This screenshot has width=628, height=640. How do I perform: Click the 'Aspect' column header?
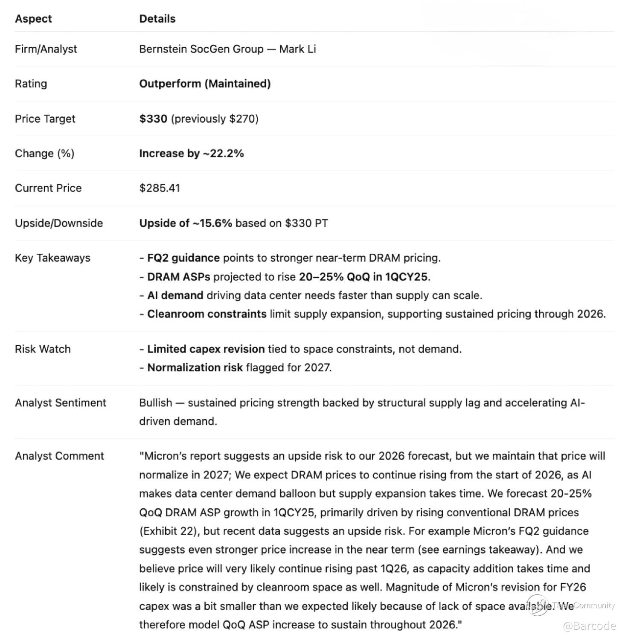(x=33, y=19)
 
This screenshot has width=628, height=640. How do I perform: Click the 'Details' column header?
(x=157, y=19)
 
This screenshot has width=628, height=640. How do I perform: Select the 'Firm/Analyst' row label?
(x=46, y=49)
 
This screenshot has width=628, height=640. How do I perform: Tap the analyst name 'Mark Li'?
(x=297, y=49)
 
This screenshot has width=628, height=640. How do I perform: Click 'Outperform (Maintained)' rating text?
(x=205, y=84)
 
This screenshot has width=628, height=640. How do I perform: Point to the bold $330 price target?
(x=153, y=119)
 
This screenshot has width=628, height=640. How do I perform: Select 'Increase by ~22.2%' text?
(x=191, y=153)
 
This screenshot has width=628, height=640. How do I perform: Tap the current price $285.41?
(x=160, y=188)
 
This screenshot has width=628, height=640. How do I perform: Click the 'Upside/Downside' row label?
(x=59, y=223)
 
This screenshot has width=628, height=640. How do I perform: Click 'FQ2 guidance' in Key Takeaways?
(x=183, y=258)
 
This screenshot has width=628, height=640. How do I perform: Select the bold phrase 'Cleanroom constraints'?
(x=206, y=314)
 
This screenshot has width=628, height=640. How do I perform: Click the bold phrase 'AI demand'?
(x=175, y=295)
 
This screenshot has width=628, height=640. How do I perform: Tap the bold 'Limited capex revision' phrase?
(x=206, y=349)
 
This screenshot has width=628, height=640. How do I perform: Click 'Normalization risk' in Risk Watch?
(x=195, y=368)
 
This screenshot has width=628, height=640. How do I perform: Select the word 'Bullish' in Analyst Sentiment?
(x=156, y=403)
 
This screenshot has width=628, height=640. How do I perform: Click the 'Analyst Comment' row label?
(x=59, y=456)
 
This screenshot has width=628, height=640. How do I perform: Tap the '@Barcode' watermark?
(x=589, y=626)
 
